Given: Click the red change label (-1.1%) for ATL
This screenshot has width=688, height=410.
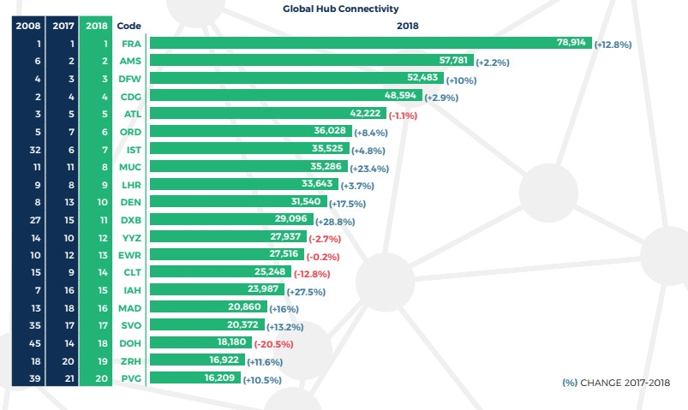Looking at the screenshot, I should [x=404, y=116].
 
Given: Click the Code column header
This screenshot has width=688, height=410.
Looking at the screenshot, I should [x=129, y=26].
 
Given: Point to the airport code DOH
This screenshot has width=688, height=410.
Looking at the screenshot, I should [x=131, y=345].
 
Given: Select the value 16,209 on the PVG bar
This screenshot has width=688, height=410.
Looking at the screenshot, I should [x=221, y=379].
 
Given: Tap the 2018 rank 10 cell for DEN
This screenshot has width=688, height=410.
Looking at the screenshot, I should [x=100, y=203].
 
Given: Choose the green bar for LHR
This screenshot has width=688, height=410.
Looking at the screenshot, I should [x=244, y=185].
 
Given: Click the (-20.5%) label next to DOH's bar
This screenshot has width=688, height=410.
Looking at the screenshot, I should [x=273, y=345].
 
